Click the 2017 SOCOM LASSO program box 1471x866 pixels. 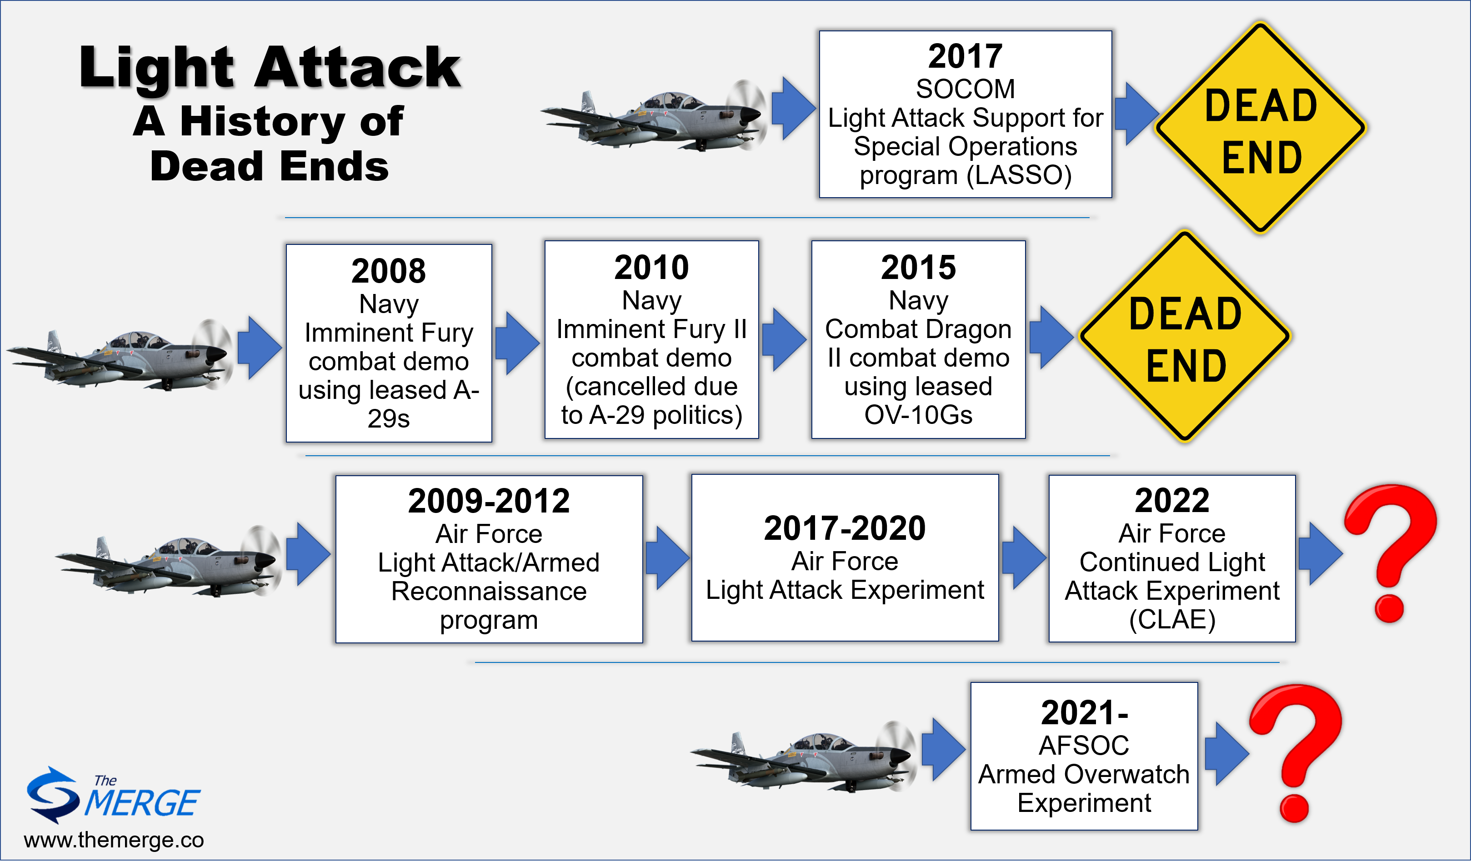coord(966,114)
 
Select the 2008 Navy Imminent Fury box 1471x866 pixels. coord(389,343)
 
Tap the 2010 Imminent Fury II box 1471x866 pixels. coord(651,340)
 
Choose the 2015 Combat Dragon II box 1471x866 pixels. coord(918,340)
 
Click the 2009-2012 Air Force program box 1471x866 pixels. coord(489,559)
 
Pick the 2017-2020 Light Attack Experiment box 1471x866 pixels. coord(845,558)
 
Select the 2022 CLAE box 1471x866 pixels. coord(1172,558)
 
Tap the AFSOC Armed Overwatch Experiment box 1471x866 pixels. coord(1084,757)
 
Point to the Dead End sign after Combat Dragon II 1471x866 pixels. coord(1185,337)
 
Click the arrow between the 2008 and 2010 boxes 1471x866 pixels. coord(518,343)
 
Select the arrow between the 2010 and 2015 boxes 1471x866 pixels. coord(785,340)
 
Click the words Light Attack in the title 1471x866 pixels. coord(270,68)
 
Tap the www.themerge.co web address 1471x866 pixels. coord(114,840)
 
